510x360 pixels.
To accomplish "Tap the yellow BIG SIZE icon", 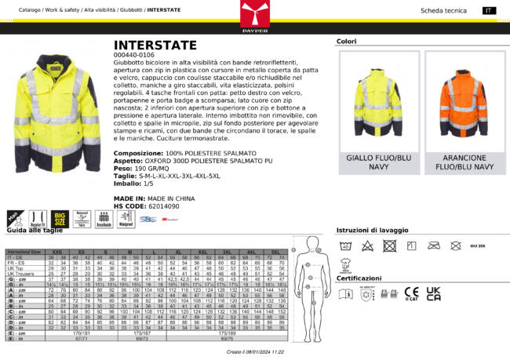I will (x=60, y=217).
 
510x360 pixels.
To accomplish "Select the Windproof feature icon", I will (x=125, y=217).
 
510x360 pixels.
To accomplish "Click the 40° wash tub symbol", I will (x=346, y=245).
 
